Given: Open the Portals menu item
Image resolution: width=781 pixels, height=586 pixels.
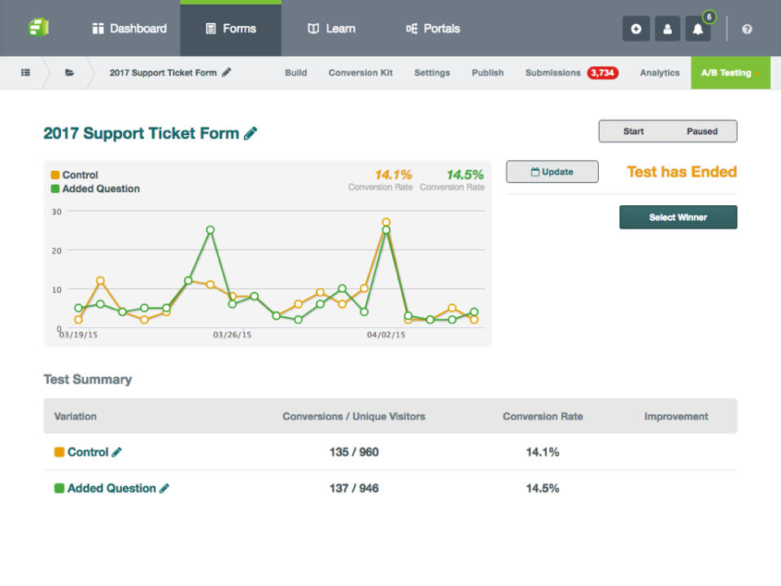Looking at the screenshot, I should pyautogui.click(x=433, y=28).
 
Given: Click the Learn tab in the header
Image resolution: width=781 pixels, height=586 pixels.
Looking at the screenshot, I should pyautogui.click(x=331, y=28).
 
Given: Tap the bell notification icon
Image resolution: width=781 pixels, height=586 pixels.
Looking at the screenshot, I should pyautogui.click(x=697, y=28).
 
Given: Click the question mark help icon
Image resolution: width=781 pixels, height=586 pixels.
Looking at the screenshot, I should pyautogui.click(x=747, y=29).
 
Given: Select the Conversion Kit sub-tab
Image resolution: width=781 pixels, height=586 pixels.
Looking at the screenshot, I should pyautogui.click(x=360, y=72).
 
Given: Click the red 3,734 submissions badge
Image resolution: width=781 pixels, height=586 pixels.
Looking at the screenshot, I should pyautogui.click(x=603, y=72).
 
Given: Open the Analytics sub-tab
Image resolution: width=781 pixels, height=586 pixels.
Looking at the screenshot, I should pyautogui.click(x=659, y=72).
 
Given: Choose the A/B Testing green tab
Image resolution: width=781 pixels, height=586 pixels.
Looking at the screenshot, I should pyautogui.click(x=729, y=72).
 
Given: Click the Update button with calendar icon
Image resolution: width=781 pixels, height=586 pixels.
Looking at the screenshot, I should pyautogui.click(x=552, y=172).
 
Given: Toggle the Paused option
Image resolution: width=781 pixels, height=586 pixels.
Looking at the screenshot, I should pyautogui.click(x=702, y=131).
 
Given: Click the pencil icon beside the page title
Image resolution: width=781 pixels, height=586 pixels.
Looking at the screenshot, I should pyautogui.click(x=251, y=133).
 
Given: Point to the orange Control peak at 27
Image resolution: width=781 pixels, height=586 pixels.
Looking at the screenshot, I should pyautogui.click(x=386, y=222).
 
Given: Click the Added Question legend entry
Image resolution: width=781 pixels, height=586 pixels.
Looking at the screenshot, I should pyautogui.click(x=100, y=189).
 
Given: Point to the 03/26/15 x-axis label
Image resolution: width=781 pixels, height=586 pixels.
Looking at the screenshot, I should pyautogui.click(x=232, y=335).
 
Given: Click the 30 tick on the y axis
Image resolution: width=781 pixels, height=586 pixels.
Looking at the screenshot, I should pyautogui.click(x=56, y=211).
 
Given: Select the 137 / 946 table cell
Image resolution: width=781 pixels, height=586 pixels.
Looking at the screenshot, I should pyautogui.click(x=354, y=488).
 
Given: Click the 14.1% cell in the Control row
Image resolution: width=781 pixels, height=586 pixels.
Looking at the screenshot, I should pyautogui.click(x=542, y=452).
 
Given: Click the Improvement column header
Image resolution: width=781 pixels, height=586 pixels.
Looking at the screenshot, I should pyautogui.click(x=676, y=416).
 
